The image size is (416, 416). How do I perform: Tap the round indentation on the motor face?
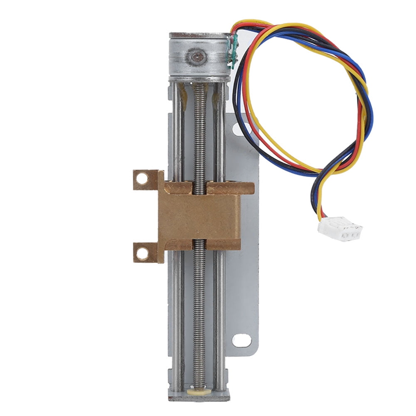[x=197, y=57]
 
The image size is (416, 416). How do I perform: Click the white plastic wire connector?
[x=340, y=229]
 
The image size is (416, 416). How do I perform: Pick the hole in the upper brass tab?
[x=142, y=179]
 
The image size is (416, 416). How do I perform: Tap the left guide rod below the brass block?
[x=177, y=316]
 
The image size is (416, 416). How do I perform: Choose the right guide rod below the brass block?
[x=220, y=316]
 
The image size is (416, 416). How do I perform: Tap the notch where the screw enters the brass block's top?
[x=199, y=187]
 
